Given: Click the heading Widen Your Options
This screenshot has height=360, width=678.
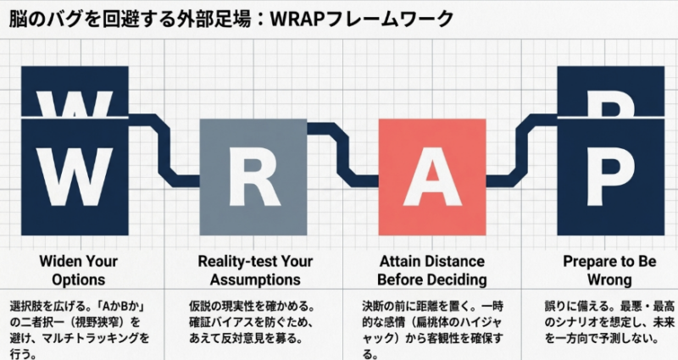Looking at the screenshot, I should click(x=77, y=270).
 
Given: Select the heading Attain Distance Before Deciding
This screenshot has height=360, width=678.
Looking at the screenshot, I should click(x=432, y=270).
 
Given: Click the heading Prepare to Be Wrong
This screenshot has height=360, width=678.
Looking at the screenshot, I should click(x=609, y=270).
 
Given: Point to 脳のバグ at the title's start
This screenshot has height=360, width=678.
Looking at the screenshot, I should click(x=42, y=17).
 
